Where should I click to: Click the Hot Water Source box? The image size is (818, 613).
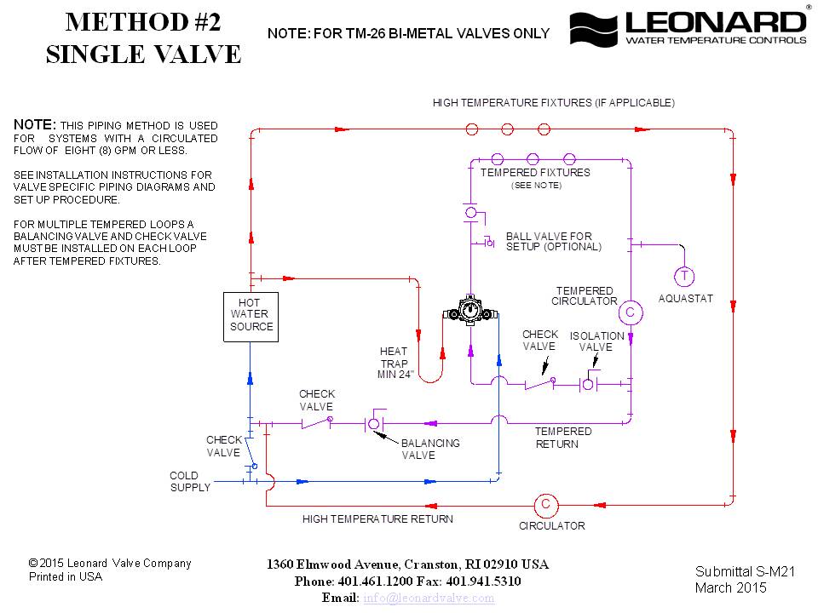coord(250,317)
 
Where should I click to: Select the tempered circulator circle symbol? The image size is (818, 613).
coord(630,312)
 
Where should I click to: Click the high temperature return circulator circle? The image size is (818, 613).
coord(545,505)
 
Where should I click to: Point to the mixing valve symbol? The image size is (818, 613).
coord(469,311)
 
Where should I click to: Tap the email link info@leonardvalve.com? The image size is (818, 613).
coord(429,598)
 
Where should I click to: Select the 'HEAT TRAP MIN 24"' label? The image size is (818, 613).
coord(395,363)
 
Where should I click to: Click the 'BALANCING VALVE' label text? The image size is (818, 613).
coord(430,449)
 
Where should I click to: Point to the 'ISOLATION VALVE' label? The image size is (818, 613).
coord(596,341)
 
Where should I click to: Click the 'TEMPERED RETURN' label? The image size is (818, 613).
coord(563,438)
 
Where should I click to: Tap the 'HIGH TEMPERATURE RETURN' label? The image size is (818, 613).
coord(377,518)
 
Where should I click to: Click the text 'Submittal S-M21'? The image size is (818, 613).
coord(744,571)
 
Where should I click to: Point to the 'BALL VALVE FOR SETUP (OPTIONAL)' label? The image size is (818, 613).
coord(554,241)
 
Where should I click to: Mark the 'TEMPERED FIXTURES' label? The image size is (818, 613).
coord(535,172)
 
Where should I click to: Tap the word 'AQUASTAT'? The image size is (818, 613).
coord(685,299)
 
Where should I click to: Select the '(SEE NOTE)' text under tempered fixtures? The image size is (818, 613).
coord(536,185)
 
